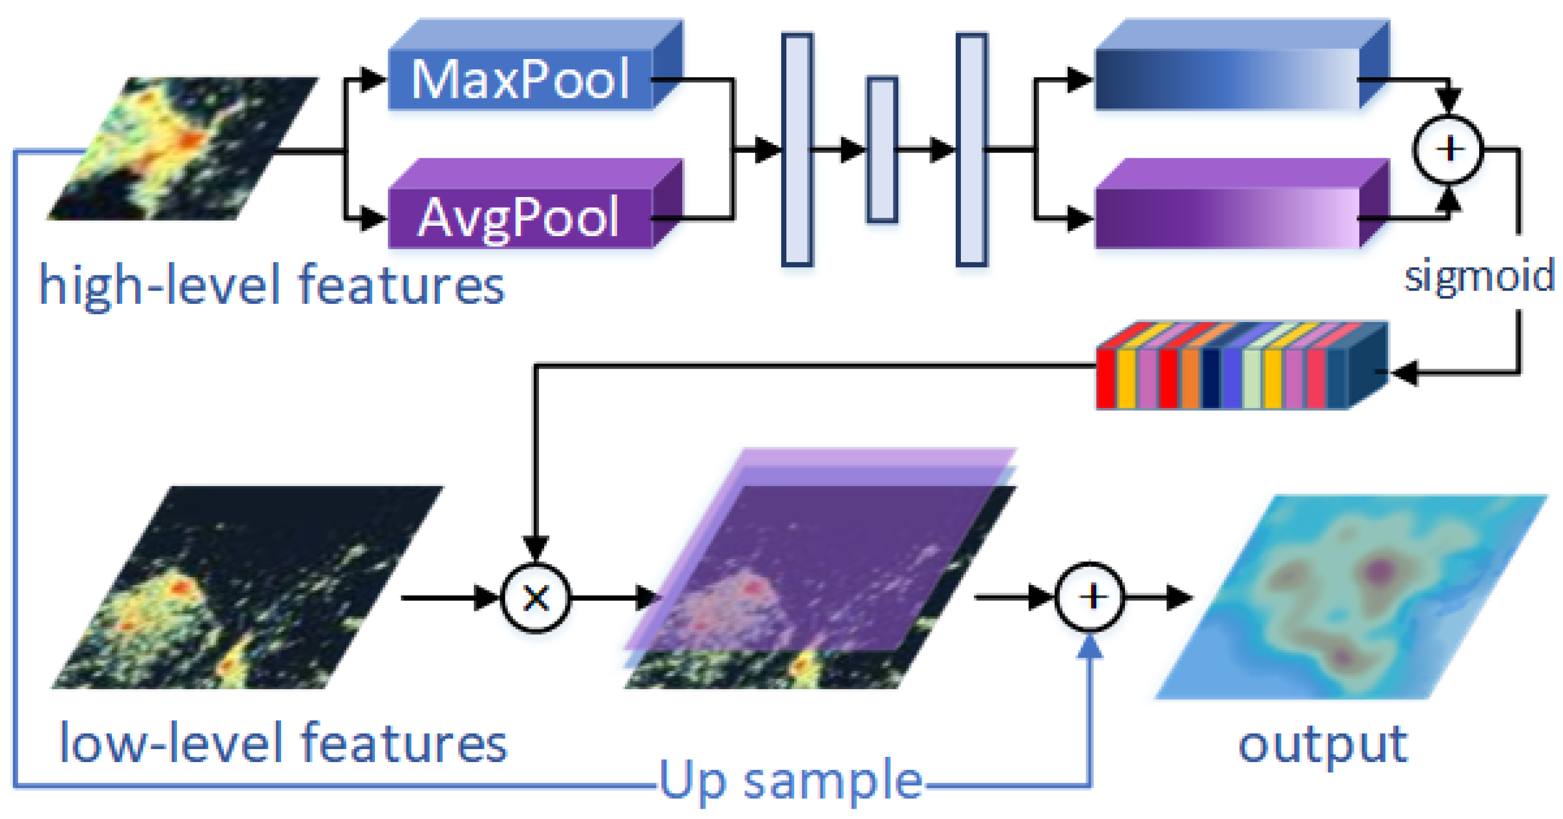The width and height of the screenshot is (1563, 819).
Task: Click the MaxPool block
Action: coord(521,79)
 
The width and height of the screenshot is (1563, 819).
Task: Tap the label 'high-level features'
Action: coord(271,285)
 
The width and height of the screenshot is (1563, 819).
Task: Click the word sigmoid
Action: coord(1479,276)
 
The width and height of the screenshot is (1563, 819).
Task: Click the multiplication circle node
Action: coord(536,598)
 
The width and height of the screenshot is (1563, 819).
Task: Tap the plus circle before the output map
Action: coord(1090,597)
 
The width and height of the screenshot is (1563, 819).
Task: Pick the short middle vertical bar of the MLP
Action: coord(882,149)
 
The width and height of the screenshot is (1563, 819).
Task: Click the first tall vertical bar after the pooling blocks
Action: coord(797,149)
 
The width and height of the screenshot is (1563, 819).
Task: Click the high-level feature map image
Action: coord(182,149)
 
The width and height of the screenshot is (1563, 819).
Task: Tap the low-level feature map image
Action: coord(243,589)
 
